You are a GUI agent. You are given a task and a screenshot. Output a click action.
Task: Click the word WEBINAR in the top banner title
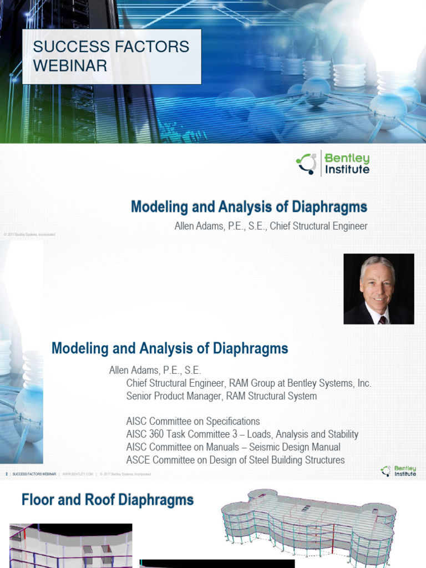(70, 65)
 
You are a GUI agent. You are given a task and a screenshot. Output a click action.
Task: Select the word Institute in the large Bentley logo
(347, 170)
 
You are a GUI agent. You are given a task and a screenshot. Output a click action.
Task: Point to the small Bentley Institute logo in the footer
(398, 471)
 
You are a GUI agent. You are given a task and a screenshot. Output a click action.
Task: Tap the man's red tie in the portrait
(382, 320)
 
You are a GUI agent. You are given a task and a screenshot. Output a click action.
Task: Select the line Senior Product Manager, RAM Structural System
(221, 396)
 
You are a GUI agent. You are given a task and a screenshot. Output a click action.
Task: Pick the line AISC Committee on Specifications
(192, 422)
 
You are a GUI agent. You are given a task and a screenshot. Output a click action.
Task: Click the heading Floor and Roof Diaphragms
(108, 500)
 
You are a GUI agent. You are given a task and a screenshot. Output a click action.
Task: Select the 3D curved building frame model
(308, 524)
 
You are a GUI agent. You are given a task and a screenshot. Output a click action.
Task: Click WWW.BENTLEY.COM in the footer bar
(77, 474)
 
